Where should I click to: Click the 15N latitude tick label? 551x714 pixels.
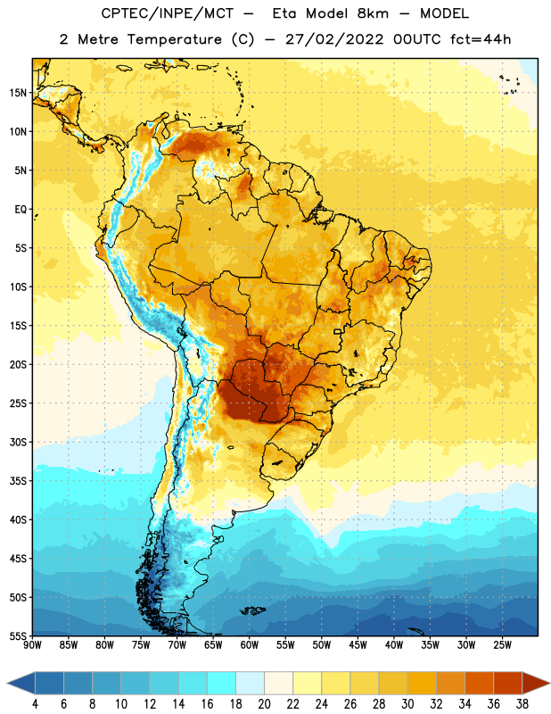click(18, 93)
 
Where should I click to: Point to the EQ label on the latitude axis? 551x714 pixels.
click(21, 210)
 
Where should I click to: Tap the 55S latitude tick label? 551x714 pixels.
click(18, 635)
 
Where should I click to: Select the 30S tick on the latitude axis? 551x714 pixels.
click(18, 442)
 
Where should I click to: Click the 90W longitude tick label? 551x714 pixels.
click(32, 645)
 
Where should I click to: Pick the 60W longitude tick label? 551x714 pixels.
click(250, 645)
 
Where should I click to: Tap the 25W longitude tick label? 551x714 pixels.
click(502, 645)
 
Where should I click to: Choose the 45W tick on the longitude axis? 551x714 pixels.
click(358, 645)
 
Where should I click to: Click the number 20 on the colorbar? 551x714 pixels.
click(264, 704)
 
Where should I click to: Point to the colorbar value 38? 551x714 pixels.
click(522, 704)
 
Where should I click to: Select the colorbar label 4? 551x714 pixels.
click(35, 704)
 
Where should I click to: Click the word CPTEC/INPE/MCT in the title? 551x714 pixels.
click(167, 13)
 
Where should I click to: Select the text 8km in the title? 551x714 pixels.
click(373, 13)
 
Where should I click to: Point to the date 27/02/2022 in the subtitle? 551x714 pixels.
click(334, 39)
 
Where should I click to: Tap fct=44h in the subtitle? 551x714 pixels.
click(481, 39)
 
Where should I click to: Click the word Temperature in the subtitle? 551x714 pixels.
click(174, 39)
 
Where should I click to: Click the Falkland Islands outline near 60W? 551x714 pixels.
click(252, 610)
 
